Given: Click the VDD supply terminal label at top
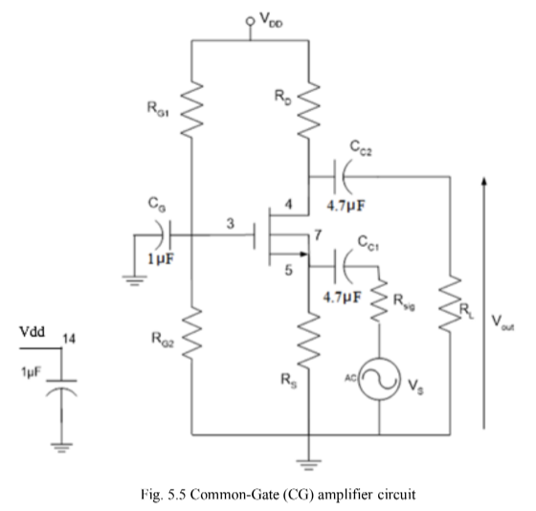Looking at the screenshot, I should click(265, 18).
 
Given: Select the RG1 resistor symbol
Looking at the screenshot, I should click(192, 107).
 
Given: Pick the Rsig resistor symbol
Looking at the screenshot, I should click(380, 303).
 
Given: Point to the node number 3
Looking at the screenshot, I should click(230, 223).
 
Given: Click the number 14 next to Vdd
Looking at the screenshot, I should click(68, 339).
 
